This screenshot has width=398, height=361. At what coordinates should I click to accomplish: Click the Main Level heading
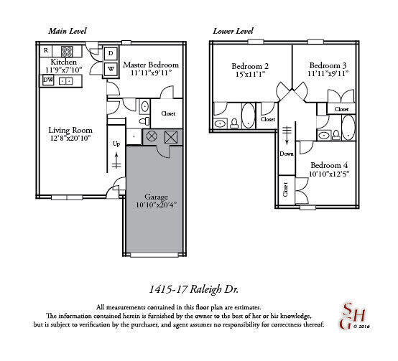(x=68, y=31)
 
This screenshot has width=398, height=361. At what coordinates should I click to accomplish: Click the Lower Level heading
(x=234, y=31)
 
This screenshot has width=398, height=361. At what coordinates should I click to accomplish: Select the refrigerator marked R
(x=46, y=51)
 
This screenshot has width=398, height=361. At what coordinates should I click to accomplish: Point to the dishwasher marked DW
(x=48, y=81)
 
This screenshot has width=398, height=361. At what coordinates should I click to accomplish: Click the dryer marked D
(x=111, y=54)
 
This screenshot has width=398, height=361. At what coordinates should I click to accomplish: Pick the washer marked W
(x=111, y=69)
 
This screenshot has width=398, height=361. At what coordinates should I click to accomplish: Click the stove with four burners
(x=68, y=51)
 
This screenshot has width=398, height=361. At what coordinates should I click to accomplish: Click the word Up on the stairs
(x=116, y=144)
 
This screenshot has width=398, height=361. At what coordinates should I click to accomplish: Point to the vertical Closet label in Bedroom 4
(x=285, y=190)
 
